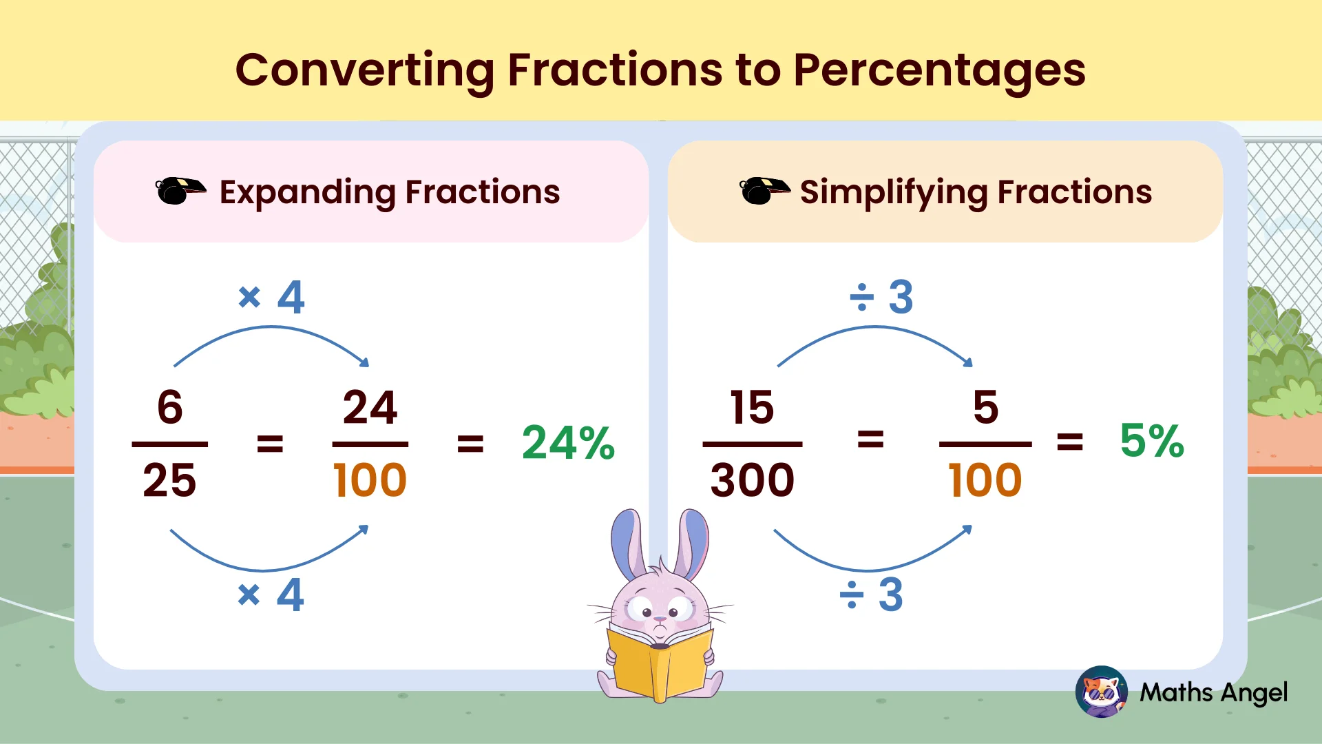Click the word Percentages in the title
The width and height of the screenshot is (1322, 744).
tap(939, 70)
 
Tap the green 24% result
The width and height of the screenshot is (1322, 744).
tap(568, 442)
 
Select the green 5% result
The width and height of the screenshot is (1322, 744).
tap(1151, 441)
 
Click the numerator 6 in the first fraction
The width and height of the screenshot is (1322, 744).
tap(170, 407)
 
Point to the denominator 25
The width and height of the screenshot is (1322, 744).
tap(169, 480)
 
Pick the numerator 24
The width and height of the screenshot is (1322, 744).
tap(370, 407)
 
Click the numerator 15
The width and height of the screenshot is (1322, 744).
tap(752, 407)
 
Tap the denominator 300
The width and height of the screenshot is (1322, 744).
tap(752, 480)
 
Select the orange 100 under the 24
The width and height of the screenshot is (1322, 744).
tap(370, 480)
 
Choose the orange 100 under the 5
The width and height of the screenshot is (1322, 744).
tap(985, 480)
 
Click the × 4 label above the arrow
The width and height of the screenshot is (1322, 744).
tap(271, 298)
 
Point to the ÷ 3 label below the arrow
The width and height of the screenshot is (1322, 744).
tap(871, 595)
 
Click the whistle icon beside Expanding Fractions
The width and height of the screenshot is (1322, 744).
tap(180, 192)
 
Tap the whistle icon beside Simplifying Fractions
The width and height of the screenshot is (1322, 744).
tap(763, 191)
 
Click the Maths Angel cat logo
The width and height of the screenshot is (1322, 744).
tap(1101, 692)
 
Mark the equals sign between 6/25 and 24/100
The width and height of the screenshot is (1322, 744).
tap(270, 443)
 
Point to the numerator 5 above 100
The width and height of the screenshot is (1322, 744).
tap(985, 407)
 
